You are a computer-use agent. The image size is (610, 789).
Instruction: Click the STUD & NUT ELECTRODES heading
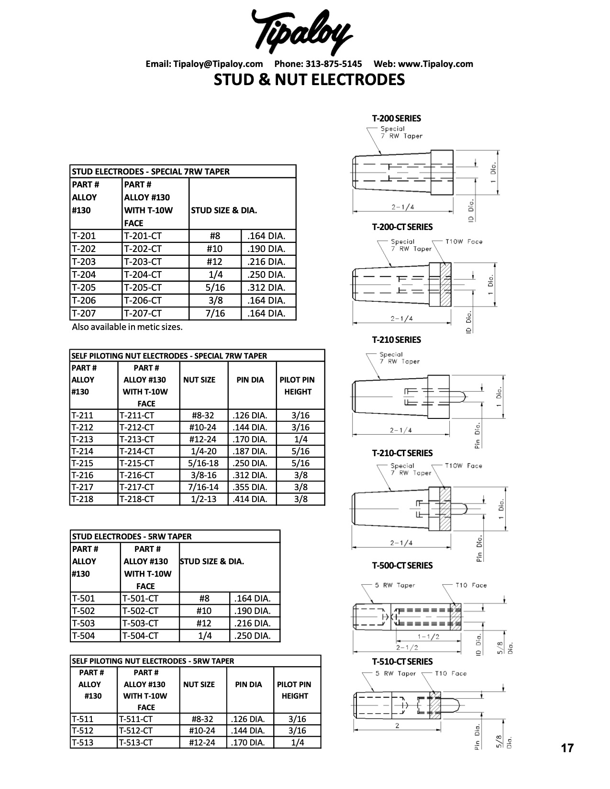tap(309, 79)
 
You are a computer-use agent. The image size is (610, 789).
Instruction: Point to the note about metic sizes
tap(127, 327)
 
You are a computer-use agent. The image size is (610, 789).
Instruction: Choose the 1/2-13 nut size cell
tap(203, 499)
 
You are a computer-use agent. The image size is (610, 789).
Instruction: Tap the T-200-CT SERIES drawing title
tap(402, 227)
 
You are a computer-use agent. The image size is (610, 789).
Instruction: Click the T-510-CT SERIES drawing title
tap(402, 661)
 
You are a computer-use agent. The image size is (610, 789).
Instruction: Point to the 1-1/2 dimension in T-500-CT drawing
tap(428, 636)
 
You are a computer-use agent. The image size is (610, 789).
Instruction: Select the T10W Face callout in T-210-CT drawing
tap(463, 466)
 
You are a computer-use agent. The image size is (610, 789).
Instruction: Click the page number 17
tap(567, 748)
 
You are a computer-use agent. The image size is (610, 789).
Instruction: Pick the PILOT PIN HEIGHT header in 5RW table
tap(294, 690)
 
